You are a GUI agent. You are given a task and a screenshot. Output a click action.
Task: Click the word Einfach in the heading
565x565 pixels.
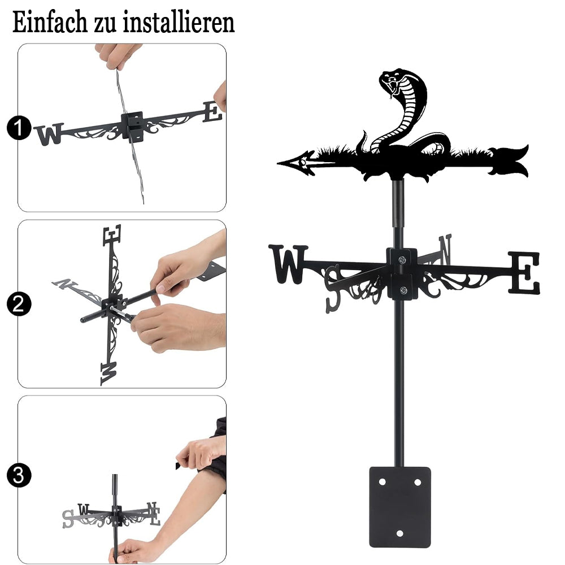tap(50, 22)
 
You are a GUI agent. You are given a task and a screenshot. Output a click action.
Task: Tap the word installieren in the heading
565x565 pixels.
tap(179, 22)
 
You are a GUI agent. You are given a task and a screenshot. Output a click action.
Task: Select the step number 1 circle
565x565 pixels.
tap(19, 128)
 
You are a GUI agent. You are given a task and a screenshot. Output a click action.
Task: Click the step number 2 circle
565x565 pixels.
tap(19, 304)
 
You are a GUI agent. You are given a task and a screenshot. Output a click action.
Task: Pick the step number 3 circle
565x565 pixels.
tap(19, 475)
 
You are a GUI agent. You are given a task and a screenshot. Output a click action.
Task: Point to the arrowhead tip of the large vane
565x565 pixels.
tap(278, 163)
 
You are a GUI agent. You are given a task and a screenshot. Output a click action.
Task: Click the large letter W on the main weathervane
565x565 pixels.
tap(288, 264)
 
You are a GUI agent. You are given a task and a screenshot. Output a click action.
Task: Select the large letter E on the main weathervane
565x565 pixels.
tap(524, 272)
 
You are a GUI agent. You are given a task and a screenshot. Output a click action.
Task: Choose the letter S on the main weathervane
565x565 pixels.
tap(333, 289)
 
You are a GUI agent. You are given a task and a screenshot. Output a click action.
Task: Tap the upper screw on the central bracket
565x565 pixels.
tap(402, 259)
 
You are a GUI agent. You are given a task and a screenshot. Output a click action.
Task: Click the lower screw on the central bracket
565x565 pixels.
tap(404, 290)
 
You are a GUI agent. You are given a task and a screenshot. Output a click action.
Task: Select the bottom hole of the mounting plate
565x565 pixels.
tap(399, 533)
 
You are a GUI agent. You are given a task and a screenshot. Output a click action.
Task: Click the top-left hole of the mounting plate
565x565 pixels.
tap(383, 482)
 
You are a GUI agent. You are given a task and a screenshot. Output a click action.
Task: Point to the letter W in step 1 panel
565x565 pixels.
tap(49, 134)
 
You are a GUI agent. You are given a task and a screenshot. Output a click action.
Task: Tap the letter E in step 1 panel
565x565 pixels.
tap(212, 112)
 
